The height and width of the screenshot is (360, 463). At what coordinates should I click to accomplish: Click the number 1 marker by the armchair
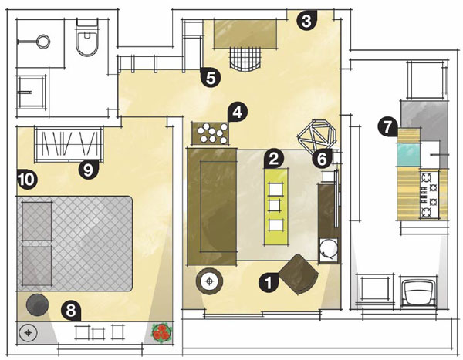[269, 283]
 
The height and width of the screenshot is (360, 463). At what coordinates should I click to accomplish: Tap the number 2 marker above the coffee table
[274, 159]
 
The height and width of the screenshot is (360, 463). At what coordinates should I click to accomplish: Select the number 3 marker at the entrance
[307, 21]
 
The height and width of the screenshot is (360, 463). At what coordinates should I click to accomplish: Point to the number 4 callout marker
[238, 112]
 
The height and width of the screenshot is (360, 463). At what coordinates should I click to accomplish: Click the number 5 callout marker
[210, 78]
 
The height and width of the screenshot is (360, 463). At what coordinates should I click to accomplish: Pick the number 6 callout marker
[322, 159]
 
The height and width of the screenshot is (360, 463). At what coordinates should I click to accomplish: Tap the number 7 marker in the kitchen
[387, 127]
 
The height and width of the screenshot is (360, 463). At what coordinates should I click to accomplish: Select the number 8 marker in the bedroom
[71, 311]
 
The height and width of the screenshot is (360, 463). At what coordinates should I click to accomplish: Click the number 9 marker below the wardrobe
[88, 170]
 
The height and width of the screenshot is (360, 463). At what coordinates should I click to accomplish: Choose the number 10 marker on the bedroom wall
[27, 180]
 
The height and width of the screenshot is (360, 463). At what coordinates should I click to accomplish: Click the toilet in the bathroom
[86, 38]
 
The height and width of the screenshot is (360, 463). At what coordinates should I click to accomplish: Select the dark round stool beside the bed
[37, 304]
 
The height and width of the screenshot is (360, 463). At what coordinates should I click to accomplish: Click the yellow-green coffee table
[276, 207]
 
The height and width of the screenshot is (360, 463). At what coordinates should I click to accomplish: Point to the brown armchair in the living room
[299, 274]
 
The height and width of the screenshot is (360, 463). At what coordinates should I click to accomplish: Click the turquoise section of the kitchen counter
[409, 155]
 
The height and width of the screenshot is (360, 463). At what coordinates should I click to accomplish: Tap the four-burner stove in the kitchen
[429, 195]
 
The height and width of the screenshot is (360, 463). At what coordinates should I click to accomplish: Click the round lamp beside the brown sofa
[209, 281]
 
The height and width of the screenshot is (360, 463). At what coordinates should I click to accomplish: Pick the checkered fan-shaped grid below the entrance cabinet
[245, 59]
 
